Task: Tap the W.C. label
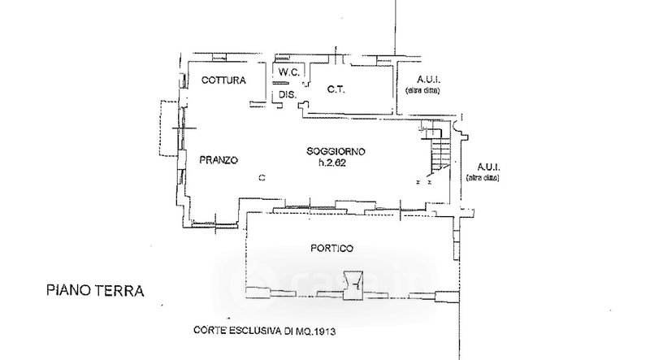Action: [x=289, y=73]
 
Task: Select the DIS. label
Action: [x=287, y=94]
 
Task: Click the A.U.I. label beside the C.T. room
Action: [x=427, y=79]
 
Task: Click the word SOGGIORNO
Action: [x=336, y=151]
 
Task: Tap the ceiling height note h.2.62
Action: [x=336, y=163]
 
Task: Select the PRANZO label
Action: [x=219, y=160]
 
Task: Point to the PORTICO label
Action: [x=332, y=247]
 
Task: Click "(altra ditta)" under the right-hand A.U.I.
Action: [x=485, y=176]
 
